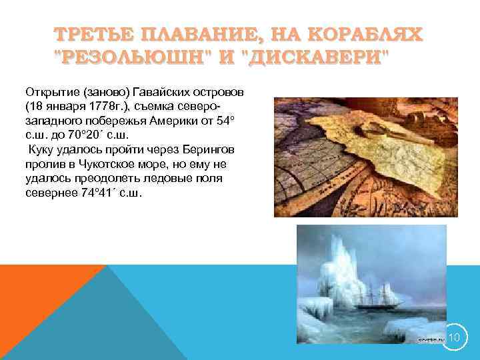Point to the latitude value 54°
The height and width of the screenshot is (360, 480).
click(246, 120)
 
